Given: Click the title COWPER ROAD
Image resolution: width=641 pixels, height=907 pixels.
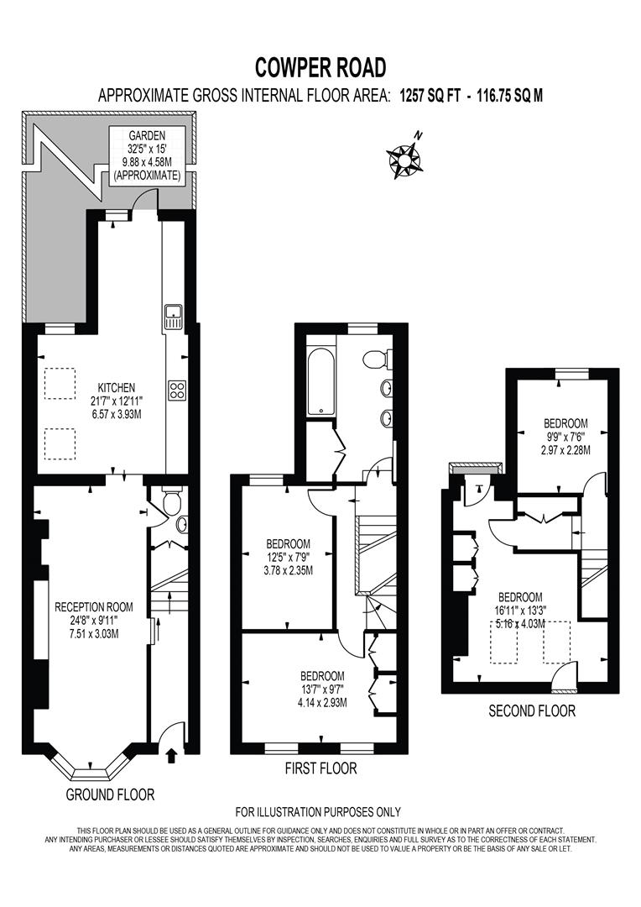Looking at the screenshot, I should click(320, 66).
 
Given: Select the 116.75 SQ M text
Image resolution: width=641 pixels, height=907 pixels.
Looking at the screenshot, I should click(510, 95).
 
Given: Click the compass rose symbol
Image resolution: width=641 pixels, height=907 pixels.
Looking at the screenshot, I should click(404, 157).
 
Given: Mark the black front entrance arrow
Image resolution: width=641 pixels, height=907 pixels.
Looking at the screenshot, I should click(172, 756).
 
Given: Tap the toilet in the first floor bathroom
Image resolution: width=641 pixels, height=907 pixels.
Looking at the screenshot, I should click(377, 359).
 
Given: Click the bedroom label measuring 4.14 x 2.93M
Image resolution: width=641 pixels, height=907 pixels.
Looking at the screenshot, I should click(323, 689).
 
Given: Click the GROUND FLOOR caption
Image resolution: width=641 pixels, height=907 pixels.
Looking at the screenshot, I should click(110, 794).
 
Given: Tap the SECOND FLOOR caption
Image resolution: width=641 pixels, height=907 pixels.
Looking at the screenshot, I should click(532, 710).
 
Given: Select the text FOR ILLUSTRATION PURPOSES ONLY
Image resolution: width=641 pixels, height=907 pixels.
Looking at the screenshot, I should click(318, 811).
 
